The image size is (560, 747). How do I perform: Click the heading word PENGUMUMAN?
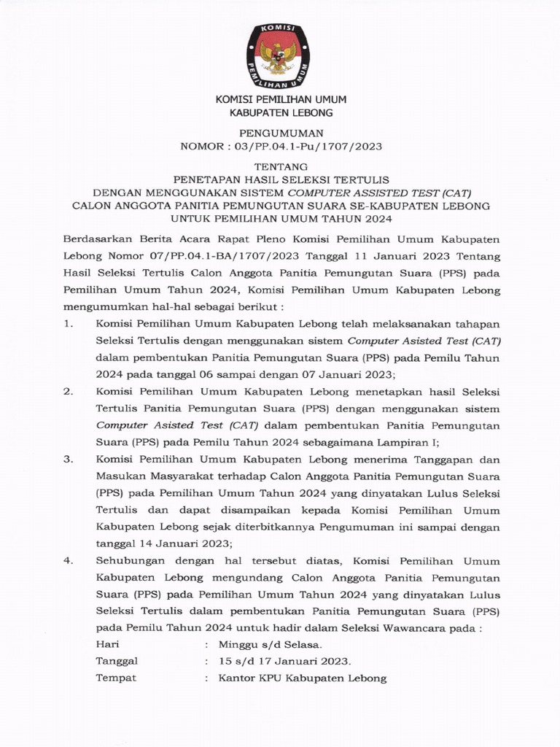pos(281,133)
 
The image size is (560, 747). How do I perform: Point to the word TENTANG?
pos(281,166)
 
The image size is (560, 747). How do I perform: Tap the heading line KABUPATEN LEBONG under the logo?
pos(281,112)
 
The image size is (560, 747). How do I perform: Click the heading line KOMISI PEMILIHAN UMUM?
pos(281,99)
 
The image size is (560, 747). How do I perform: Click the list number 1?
pos(68,323)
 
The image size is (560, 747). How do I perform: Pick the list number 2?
pos(68,392)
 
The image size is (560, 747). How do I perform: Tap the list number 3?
pos(68,460)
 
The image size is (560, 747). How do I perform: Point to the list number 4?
pos(68,561)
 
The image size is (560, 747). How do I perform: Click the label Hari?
pos(107,645)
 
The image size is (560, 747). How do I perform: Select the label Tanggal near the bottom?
pos(117,662)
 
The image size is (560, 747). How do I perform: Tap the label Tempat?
pos(115,678)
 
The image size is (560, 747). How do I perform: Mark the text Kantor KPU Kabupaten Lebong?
pos(303,678)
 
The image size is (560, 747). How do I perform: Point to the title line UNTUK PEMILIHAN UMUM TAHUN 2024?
pos(281,219)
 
